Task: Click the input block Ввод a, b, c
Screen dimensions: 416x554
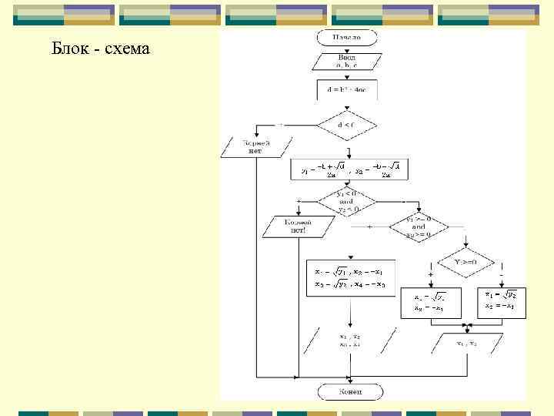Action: pos(346,62)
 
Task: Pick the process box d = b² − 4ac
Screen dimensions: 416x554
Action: pos(346,90)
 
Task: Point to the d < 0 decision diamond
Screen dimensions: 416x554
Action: pos(346,124)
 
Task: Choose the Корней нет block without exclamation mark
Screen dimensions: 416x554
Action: pos(256,146)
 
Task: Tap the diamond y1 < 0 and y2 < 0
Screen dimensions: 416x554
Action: pos(346,202)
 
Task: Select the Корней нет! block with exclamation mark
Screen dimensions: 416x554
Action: pos(299,226)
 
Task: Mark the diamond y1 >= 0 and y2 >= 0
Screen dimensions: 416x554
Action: pos(418,226)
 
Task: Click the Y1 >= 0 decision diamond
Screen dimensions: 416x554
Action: pos(465,261)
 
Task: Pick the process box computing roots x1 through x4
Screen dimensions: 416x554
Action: pos(350,277)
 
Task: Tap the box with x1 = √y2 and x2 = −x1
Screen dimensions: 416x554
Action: pos(500,300)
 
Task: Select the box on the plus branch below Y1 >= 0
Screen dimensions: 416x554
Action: pos(430,302)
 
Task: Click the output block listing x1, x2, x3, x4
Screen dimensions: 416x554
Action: pos(350,340)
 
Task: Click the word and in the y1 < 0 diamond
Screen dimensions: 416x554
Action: pos(346,202)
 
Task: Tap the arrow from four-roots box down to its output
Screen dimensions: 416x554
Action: pos(350,312)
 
